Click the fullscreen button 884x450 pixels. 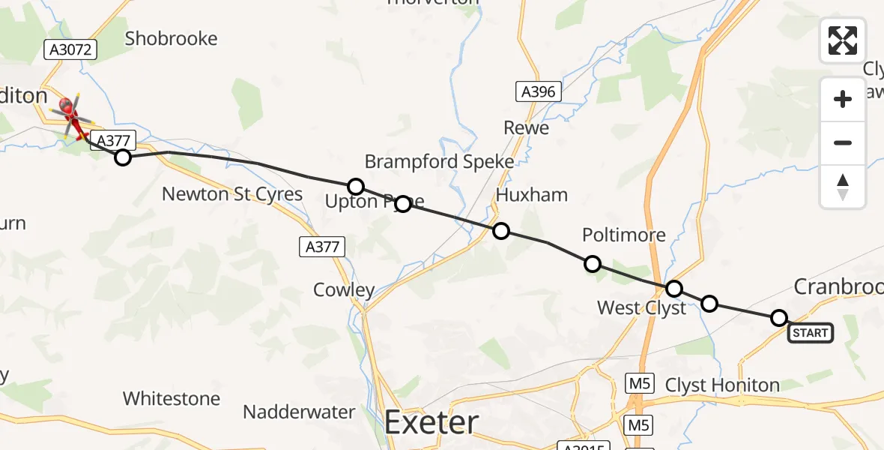point(843,40)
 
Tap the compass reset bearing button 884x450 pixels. point(843,187)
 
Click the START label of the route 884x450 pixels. point(810,333)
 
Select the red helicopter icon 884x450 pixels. point(72,116)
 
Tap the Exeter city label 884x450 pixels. point(431,423)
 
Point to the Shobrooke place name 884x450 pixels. point(171,38)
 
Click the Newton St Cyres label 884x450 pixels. point(232,194)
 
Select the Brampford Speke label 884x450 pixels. point(439,161)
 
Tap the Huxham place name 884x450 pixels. point(532,195)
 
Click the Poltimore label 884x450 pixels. point(623,235)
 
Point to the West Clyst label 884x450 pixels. point(641,307)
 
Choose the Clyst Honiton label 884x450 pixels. point(722,385)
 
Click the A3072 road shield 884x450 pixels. point(71,50)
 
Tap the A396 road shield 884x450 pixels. point(538,92)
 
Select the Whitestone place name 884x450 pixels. point(172,398)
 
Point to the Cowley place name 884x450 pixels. point(344,290)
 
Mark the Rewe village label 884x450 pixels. point(526,127)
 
